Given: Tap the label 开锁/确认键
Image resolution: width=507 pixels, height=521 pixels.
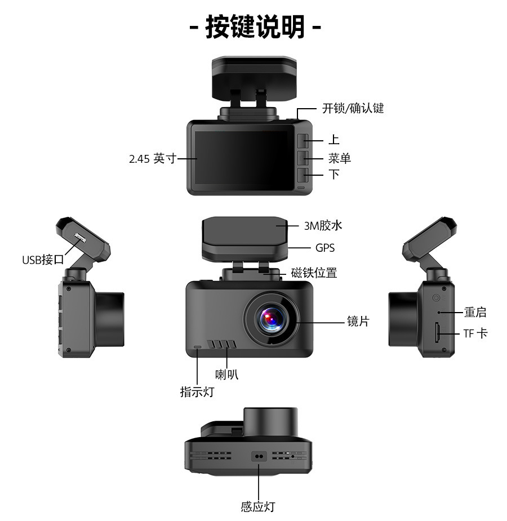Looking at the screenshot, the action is (353, 108).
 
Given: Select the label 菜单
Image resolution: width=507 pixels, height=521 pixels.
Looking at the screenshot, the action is (340, 158).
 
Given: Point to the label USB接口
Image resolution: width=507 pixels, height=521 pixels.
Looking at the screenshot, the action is (43, 260).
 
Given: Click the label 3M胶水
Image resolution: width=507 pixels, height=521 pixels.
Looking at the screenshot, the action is (323, 226).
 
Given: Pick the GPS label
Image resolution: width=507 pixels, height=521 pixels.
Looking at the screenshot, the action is (325, 247).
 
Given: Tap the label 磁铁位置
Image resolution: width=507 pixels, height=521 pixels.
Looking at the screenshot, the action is (314, 273).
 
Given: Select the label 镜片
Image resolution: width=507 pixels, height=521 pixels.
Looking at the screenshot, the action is (358, 322).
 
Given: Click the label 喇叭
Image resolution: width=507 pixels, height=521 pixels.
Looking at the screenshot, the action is (227, 374).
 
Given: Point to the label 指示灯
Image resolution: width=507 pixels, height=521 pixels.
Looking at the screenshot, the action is (197, 391).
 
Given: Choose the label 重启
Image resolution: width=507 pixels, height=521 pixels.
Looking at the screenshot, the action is (475, 312).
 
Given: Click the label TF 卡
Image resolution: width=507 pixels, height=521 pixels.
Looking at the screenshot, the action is (475, 333).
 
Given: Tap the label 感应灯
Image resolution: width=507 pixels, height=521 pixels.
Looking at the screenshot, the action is (258, 506).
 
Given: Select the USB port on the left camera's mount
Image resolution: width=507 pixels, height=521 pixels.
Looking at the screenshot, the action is (79, 238).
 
